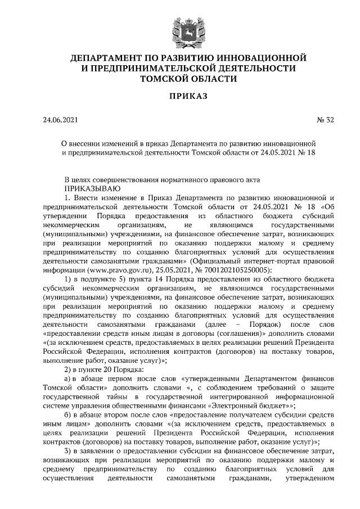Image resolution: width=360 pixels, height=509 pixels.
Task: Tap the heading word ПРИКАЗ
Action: [180, 97]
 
